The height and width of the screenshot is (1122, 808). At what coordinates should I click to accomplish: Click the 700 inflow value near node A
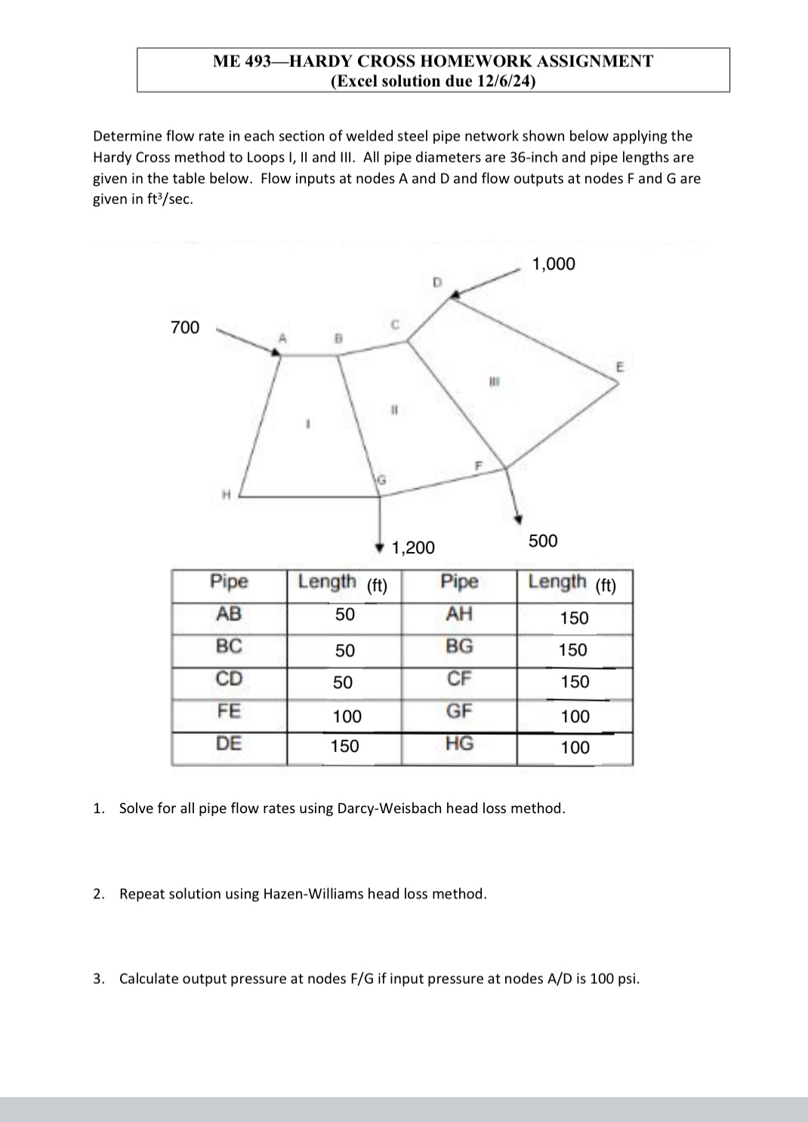[185, 327]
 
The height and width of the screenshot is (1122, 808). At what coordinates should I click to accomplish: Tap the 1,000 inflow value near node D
[554, 264]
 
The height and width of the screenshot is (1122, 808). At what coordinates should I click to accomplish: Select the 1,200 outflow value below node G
[413, 547]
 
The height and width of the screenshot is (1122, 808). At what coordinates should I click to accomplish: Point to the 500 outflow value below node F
[543, 541]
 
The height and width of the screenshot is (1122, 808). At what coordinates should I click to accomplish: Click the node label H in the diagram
[225, 495]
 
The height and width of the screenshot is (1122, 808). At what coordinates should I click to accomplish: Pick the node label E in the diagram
[620, 367]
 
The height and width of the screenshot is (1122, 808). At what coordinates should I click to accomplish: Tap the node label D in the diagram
[436, 282]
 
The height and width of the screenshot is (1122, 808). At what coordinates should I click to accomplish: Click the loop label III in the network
[494, 381]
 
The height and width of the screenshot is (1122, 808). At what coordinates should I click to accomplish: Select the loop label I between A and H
[307, 424]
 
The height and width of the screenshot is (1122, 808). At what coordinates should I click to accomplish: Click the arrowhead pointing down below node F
[518, 519]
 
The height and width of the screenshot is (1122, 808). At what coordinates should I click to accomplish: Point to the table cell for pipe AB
[229, 614]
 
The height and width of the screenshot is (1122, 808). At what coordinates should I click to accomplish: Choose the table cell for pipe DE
[229, 744]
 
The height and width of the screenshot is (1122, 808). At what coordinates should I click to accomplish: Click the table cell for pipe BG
[459, 646]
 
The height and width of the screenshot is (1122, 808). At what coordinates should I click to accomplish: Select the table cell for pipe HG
[459, 744]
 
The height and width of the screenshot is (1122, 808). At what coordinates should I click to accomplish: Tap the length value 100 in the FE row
[347, 716]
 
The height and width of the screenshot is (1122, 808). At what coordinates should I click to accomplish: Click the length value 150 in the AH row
[574, 618]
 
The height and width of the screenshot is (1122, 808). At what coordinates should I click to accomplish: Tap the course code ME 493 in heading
[241, 61]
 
